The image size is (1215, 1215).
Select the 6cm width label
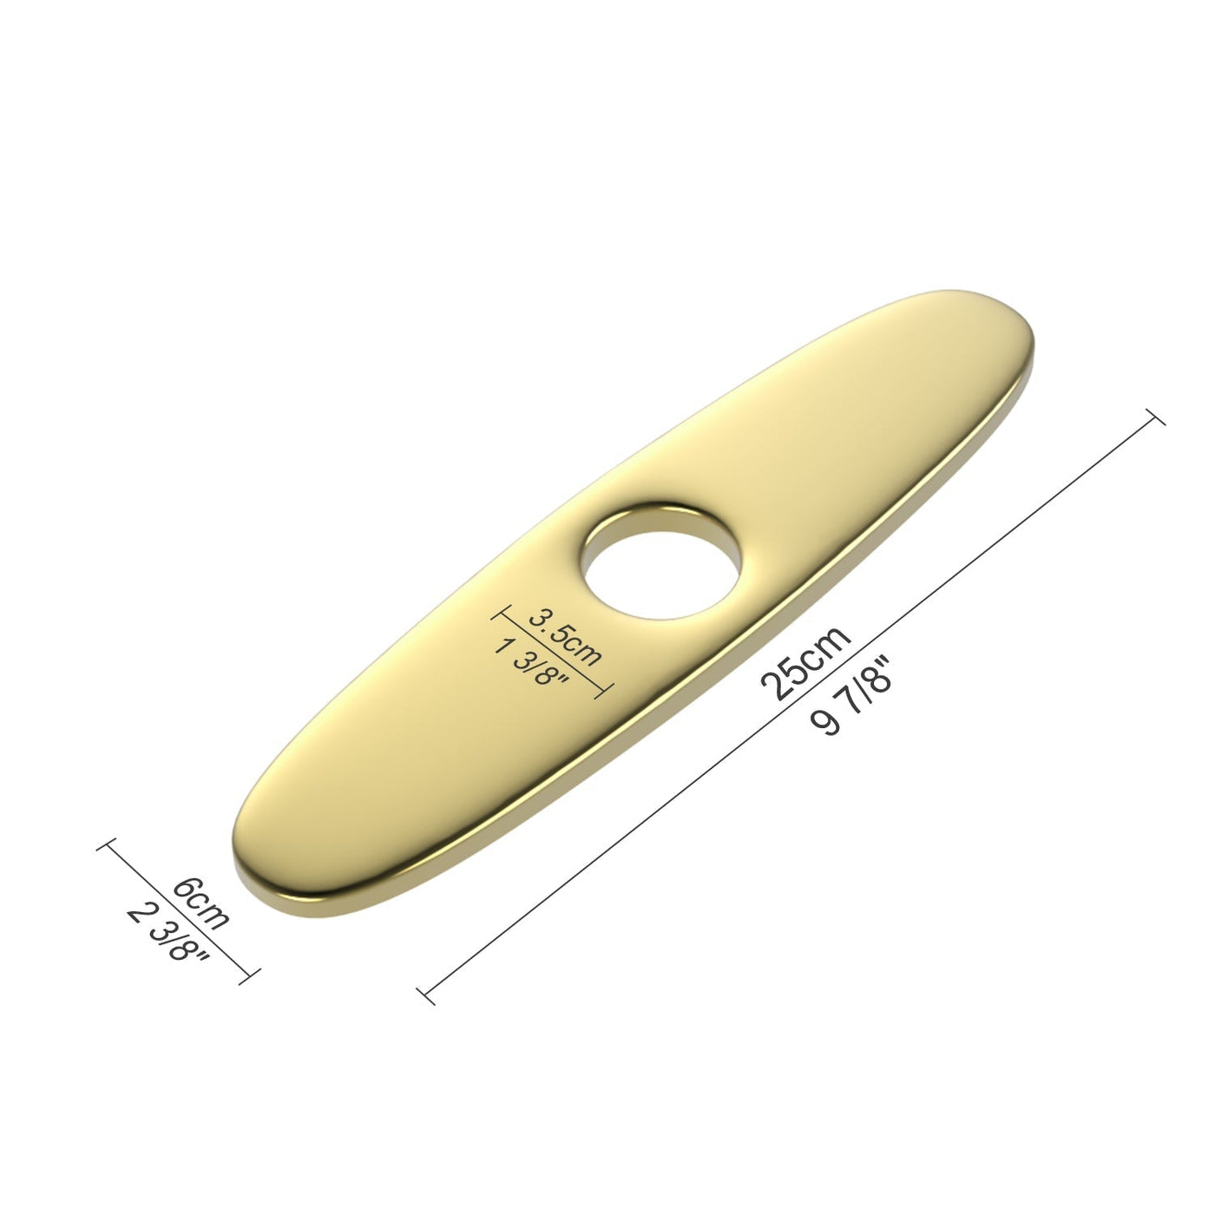tap(202, 903)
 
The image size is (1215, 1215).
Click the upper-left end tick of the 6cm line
tap(108, 846)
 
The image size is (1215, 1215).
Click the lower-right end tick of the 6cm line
tap(251, 975)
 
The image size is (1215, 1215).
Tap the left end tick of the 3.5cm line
tap(497, 614)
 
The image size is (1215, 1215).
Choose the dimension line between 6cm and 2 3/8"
tap(180, 911)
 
